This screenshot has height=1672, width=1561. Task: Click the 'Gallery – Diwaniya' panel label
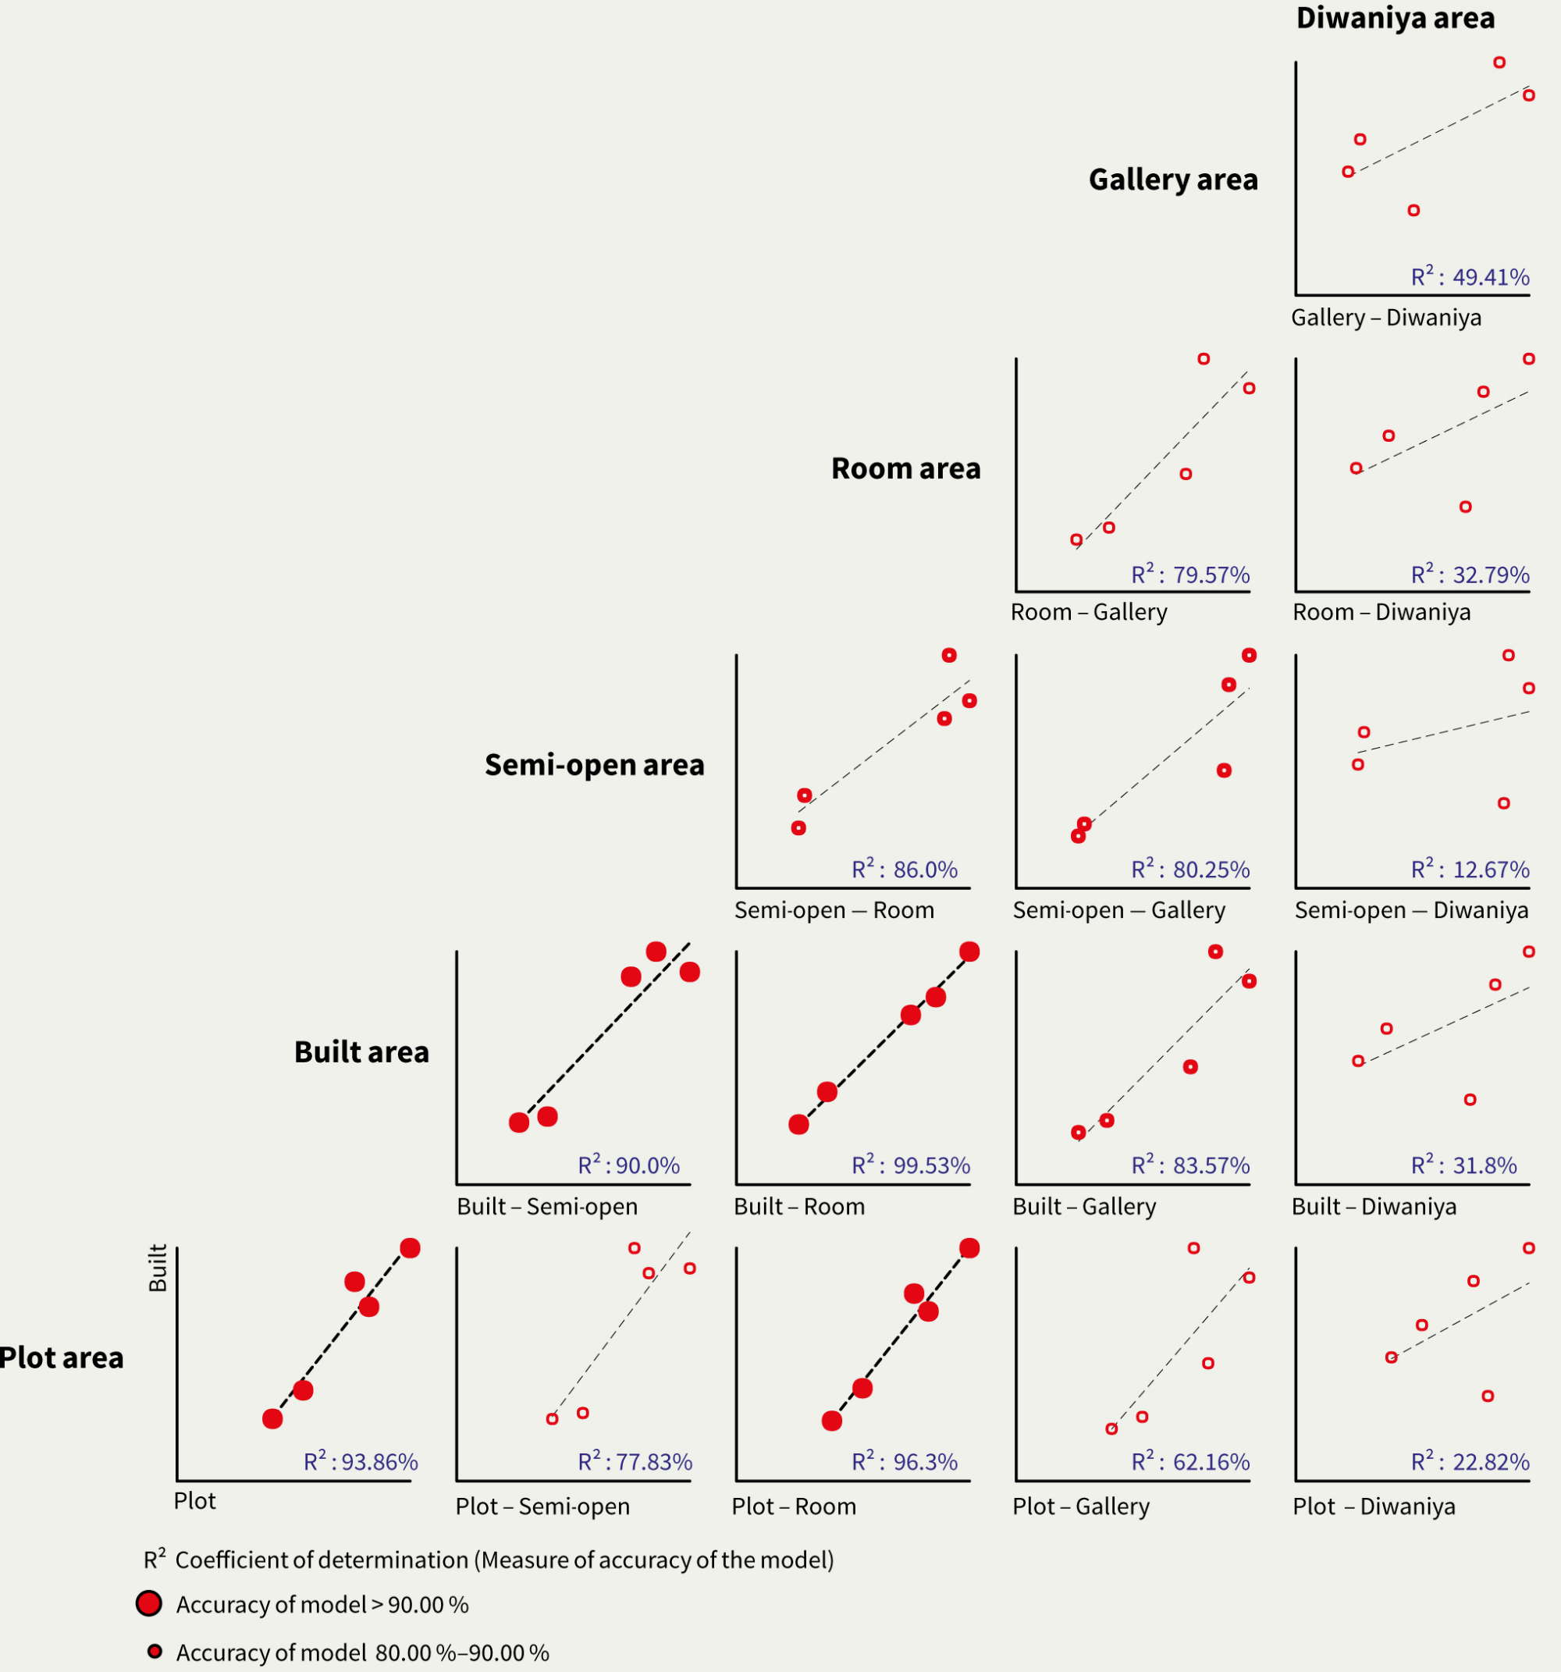(x=1386, y=318)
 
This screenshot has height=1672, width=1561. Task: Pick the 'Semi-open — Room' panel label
(x=834, y=910)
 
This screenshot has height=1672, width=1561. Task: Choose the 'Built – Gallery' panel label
(x=1084, y=1207)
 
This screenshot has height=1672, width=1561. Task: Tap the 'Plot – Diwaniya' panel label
(x=1374, y=1507)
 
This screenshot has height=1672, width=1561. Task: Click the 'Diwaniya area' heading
(x=1396, y=19)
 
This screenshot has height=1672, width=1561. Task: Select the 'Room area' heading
(x=906, y=468)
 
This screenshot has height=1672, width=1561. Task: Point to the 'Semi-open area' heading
(x=594, y=764)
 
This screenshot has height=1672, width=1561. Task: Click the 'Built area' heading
(x=361, y=1052)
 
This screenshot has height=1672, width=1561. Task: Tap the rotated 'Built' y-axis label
(x=158, y=1268)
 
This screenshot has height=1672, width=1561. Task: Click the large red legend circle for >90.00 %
(x=149, y=1604)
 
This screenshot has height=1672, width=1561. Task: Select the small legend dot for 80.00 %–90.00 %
(x=155, y=1652)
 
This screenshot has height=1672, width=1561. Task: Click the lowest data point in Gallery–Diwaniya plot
(x=1413, y=210)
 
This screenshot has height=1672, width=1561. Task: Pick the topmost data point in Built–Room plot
(x=969, y=952)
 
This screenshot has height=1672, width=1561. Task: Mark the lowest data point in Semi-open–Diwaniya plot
(x=1504, y=803)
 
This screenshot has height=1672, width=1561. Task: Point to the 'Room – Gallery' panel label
(x=1088, y=612)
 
